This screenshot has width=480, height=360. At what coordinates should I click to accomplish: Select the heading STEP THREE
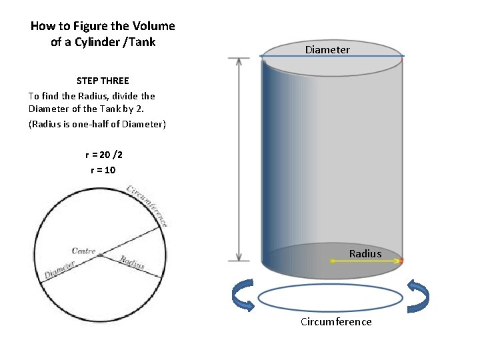point(103,81)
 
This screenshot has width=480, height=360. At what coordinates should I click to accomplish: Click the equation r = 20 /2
point(103,155)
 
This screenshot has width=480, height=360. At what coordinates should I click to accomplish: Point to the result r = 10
point(103,170)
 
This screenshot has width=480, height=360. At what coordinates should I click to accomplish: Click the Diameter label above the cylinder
point(327,50)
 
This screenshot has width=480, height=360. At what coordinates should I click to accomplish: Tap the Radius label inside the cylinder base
point(365,253)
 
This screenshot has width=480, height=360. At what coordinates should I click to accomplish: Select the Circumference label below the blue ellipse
point(336,322)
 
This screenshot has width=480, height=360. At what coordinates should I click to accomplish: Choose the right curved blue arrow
point(418,297)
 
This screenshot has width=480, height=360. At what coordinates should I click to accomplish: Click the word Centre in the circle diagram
point(84,251)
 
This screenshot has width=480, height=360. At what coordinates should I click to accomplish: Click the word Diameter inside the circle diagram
point(59,270)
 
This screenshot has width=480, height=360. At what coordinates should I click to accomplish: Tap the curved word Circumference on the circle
point(148,204)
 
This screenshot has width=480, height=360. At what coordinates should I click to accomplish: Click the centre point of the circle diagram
point(100,255)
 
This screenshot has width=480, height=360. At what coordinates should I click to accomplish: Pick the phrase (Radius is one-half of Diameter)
point(97,124)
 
